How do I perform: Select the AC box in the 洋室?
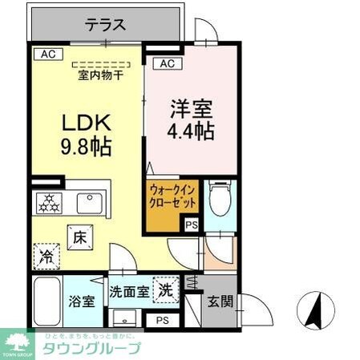(x=167, y=63)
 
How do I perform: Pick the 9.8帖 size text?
(x=85, y=147)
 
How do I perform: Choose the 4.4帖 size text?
(x=191, y=131)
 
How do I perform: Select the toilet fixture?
(x=219, y=197)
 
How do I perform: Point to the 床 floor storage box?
(x=80, y=237)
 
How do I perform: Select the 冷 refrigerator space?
(x=46, y=258)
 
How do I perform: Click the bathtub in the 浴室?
(x=48, y=301)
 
